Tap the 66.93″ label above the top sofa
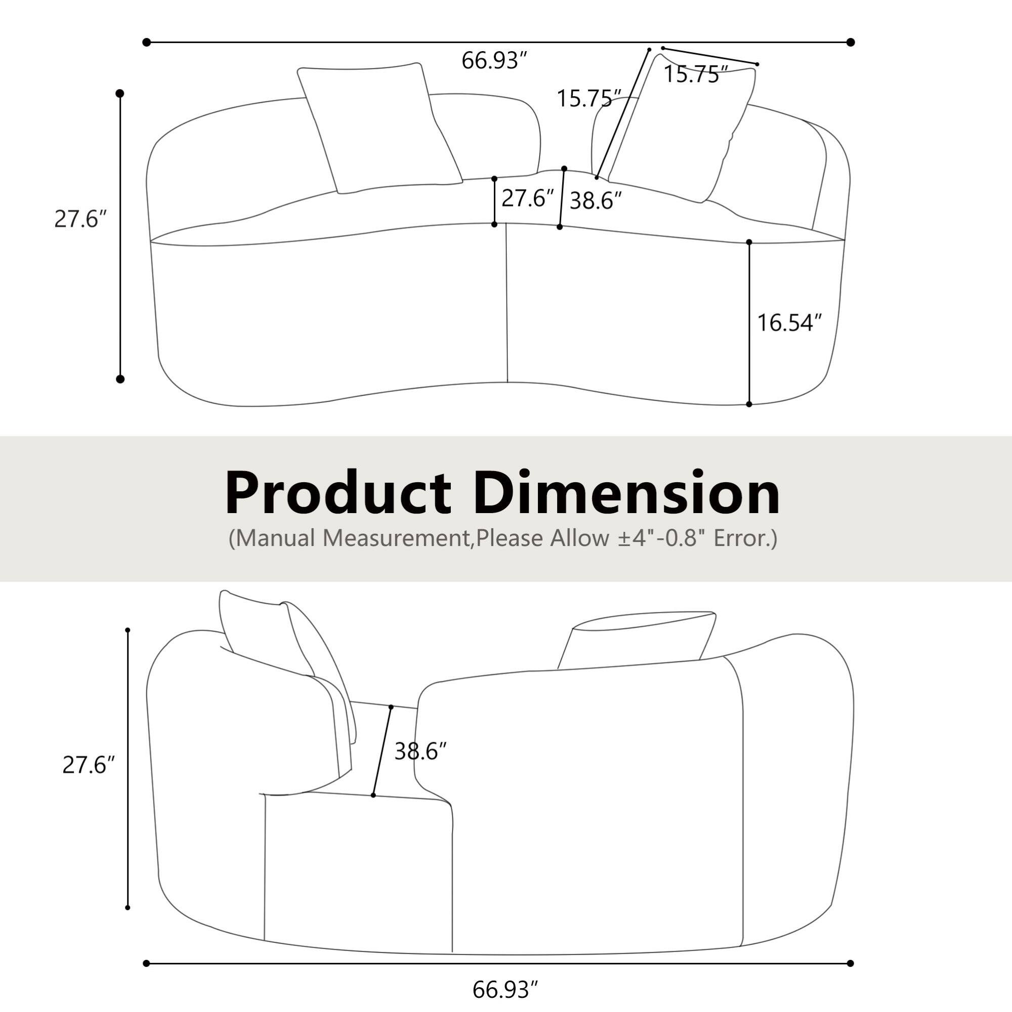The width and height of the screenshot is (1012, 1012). pos(493,61)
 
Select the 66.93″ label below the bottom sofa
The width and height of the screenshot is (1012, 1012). pos(505,990)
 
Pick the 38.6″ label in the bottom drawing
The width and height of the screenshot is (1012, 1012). pos(420,752)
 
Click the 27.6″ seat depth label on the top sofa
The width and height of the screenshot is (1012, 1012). pos(527,198)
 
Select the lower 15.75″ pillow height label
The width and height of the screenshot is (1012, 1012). pos(588,99)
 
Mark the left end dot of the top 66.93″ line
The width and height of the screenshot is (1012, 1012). pos(146,42)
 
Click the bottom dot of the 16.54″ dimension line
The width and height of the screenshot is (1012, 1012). pos(749,404)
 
